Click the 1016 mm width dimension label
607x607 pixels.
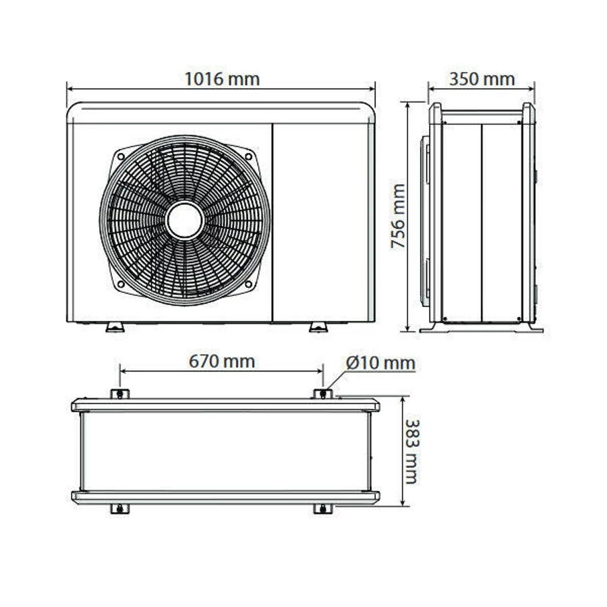coord(222,79)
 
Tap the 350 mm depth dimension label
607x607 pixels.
coord(482,79)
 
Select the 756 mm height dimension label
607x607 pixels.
coord(398,216)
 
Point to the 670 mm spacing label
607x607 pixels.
coord(222,362)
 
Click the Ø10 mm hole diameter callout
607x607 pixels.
coord(380,363)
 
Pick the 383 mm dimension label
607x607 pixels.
coord(411,451)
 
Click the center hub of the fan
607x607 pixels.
coord(185,221)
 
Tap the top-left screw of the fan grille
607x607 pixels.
coord(121,156)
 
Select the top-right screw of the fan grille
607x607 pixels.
coord(248,156)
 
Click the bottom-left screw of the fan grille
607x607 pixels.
coord(121,284)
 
